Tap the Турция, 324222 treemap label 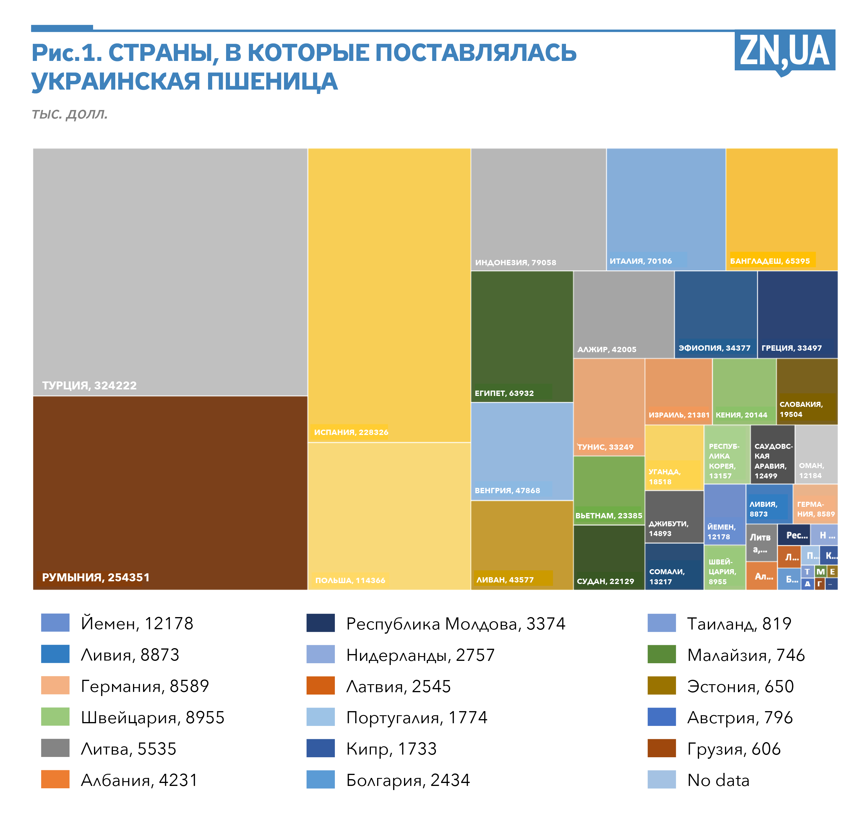pyautogui.click(x=89, y=386)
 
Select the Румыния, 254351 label pyautogui.click(x=95, y=577)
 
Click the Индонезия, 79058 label pyautogui.click(x=516, y=263)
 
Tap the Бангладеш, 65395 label pyautogui.click(x=770, y=261)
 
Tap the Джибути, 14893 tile pyautogui.click(x=674, y=517)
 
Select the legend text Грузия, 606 pyautogui.click(x=734, y=749)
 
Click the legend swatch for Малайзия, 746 pyautogui.click(x=661, y=655)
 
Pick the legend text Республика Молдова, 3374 pyautogui.click(x=456, y=624)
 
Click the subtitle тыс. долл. pyautogui.click(x=70, y=114)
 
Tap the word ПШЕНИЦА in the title pyautogui.click(x=272, y=82)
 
